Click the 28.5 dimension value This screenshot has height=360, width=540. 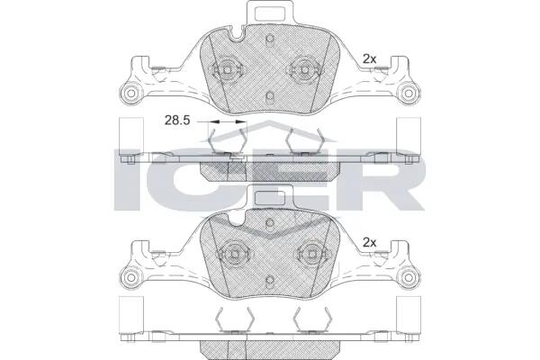(x=177, y=121)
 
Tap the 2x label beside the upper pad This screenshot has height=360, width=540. (x=370, y=59)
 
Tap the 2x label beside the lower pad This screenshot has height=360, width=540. (x=370, y=243)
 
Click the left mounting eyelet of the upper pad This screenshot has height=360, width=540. (x=131, y=93)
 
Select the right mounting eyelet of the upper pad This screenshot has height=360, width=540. (x=409, y=93)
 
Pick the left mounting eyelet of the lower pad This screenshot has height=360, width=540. (x=131, y=277)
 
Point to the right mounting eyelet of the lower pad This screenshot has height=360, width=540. (x=409, y=277)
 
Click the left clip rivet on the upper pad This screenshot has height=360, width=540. (x=228, y=70)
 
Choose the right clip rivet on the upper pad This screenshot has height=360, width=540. (x=304, y=70)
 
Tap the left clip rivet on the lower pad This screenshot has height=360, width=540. (x=235, y=254)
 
